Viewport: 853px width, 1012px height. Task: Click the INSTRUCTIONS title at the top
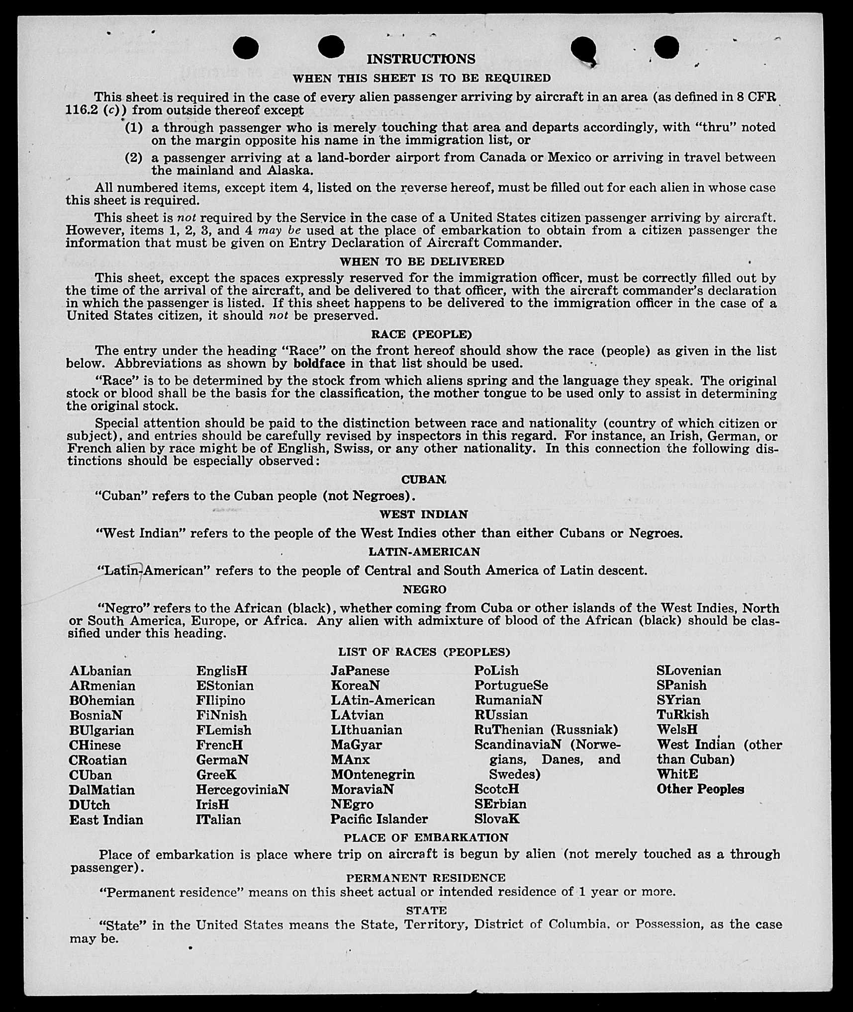[421, 59]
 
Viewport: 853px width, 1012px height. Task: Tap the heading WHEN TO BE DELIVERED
[422, 261]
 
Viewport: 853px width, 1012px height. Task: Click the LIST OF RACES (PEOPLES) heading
[424, 652]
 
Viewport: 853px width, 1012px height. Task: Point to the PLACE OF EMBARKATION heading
[426, 838]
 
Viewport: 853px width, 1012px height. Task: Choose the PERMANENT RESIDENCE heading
[426, 878]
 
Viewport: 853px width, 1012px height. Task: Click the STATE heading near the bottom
[426, 910]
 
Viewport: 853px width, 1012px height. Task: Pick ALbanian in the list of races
[100, 671]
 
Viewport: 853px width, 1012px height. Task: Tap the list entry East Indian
[106, 820]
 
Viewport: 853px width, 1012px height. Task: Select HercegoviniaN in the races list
[242, 790]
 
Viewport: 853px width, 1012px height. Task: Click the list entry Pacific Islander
[379, 819]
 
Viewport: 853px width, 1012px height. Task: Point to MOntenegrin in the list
[373, 774]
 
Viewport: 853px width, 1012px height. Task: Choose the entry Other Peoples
[700, 789]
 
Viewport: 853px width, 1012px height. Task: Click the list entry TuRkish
[683, 715]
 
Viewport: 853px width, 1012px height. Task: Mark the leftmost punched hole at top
[245, 48]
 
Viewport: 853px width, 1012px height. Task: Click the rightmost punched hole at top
[666, 47]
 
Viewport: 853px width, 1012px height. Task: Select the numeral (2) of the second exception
[133, 158]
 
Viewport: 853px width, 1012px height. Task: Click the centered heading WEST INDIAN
[424, 514]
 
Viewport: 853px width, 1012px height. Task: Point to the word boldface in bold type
[319, 363]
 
